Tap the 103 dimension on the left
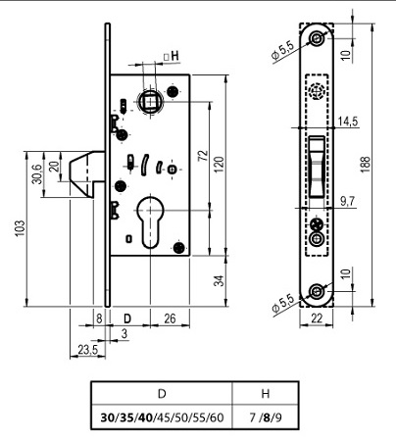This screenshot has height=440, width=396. [x=20, y=227]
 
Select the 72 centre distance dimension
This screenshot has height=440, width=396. [x=203, y=155]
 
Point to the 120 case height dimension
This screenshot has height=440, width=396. [x=220, y=165]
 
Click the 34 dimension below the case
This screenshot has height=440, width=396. [x=220, y=280]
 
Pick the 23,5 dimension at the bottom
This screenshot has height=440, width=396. [x=88, y=350]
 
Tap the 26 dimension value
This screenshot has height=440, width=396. [x=170, y=318]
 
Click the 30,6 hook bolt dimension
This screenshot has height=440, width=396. [x=37, y=173]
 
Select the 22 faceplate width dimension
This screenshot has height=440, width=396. [x=317, y=318]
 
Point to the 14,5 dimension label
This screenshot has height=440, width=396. [x=348, y=122]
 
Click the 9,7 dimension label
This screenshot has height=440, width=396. [x=348, y=202]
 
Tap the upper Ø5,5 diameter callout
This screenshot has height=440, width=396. [x=282, y=51]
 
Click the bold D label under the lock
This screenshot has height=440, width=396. [x=127, y=318]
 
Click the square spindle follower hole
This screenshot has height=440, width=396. [x=150, y=102]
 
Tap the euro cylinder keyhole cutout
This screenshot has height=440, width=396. [x=150, y=221]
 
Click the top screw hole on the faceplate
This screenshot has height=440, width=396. [x=317, y=38]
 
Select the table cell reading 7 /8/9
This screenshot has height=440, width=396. [x=266, y=417]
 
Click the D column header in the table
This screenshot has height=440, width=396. [x=162, y=394]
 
